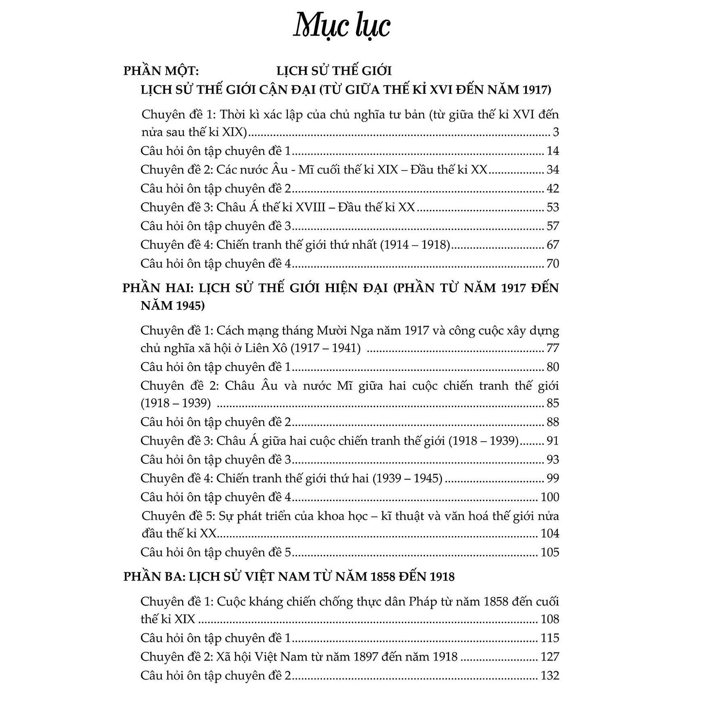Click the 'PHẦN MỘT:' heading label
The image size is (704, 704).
tap(161, 71)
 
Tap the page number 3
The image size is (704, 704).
tap(556, 132)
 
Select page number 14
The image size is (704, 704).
tap(553, 151)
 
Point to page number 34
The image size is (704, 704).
tap(553, 170)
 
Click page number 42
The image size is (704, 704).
tap(553, 189)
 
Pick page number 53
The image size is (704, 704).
tap(553, 207)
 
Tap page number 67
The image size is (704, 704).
tap(553, 245)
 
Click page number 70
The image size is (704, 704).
tap(553, 264)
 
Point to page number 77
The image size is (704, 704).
tap(553, 348)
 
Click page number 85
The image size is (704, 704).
tap(553, 403)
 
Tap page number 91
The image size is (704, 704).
tap(553, 440)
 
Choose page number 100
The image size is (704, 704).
tap(550, 497)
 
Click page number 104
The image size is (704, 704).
tap(550, 534)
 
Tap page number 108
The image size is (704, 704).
tap(550, 619)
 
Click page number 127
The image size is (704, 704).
tap(550, 657)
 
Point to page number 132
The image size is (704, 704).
tap(550, 675)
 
